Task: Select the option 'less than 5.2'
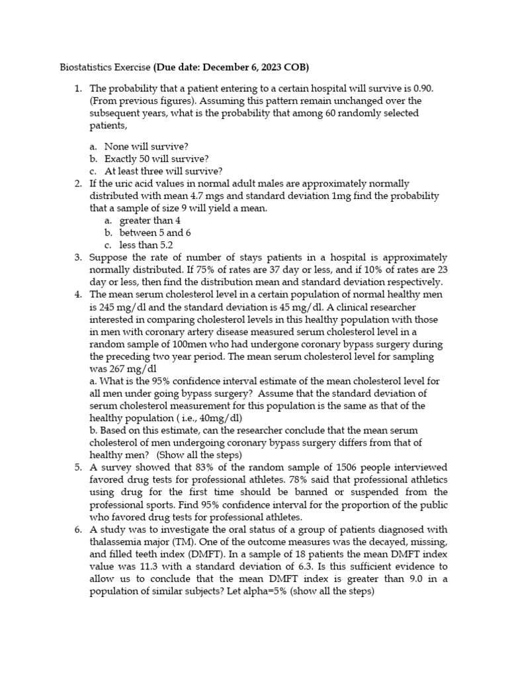tap(146, 245)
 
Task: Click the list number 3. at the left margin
tap(78, 257)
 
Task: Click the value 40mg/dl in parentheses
tap(220, 418)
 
